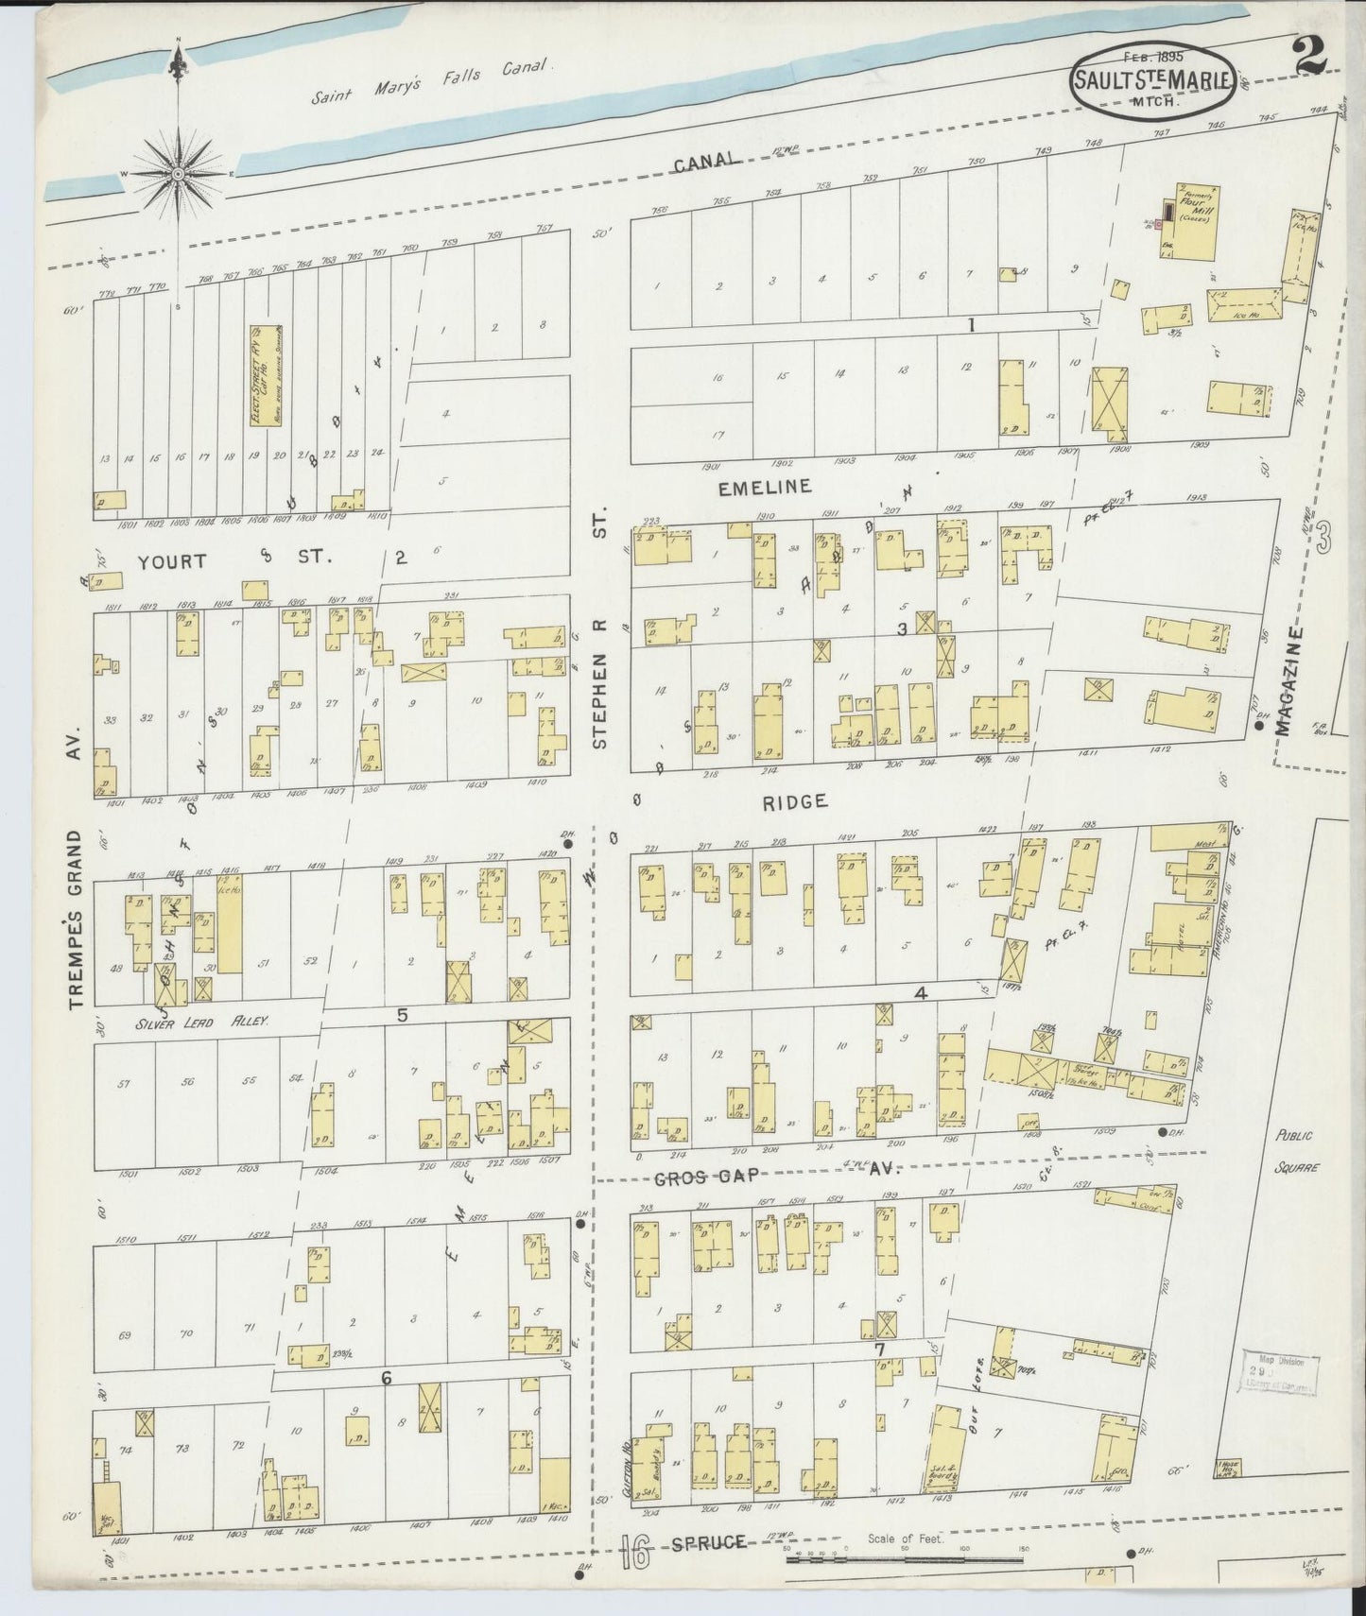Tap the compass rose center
[179, 174]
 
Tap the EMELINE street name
[764, 488]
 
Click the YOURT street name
[171, 560]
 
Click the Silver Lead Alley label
[201, 1022]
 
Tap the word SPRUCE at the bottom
[709, 1543]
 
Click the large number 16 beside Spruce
[636, 1550]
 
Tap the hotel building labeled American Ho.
[1172, 936]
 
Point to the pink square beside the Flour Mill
[1159, 225]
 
